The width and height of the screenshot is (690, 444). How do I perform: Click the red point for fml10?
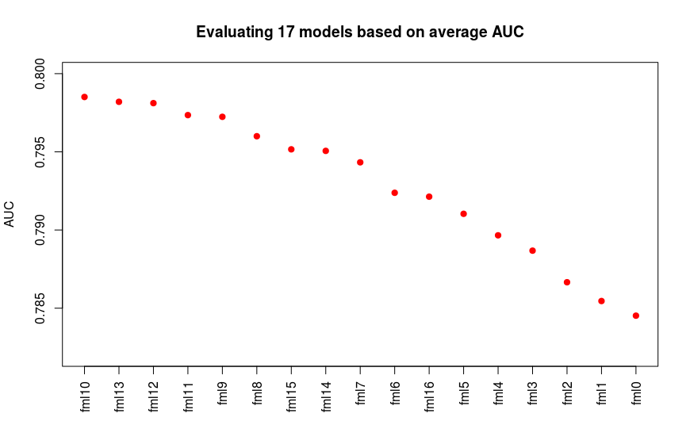pos(85,97)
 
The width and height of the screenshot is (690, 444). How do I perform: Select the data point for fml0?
pos(636,316)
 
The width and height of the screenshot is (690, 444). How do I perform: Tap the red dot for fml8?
pos(257,136)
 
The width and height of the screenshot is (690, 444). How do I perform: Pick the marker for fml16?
pos(429,197)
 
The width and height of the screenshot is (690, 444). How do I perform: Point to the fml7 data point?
pos(360,163)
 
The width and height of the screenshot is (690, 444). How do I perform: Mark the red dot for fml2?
pos(567,282)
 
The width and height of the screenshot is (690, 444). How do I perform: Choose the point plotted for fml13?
pos(119,101)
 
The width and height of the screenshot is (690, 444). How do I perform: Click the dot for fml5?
pos(463,214)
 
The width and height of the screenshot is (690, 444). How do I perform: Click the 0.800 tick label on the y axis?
pos(40,74)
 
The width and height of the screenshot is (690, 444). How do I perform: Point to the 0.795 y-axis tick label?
pos(40,152)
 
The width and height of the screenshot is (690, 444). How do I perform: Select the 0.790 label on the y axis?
pos(40,230)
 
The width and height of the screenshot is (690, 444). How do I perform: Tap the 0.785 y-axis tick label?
pos(40,308)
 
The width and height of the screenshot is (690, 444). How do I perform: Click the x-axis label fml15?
pos(291,397)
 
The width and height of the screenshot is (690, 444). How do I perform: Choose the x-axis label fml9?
pos(223,393)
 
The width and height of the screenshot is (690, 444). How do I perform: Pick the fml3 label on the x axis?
pos(532,393)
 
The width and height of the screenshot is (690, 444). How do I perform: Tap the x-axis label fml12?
pos(154,397)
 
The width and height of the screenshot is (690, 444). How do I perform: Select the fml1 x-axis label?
pos(601,393)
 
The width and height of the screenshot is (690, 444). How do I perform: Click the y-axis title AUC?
pos(10,214)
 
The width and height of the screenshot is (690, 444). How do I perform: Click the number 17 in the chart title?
pos(286,33)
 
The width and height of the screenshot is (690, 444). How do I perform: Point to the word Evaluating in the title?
pos(235,33)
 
